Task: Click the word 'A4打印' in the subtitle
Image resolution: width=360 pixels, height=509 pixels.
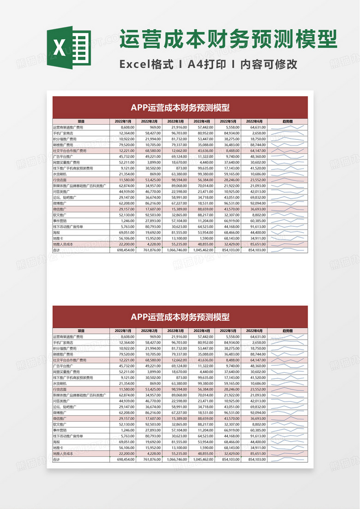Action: click(x=207, y=64)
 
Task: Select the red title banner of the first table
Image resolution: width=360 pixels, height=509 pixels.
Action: click(x=180, y=107)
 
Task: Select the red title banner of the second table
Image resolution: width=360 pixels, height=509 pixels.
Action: click(x=180, y=316)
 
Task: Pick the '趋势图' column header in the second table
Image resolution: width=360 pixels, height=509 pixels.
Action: click(x=288, y=331)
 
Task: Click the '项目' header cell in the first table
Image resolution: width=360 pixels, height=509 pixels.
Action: click(x=81, y=121)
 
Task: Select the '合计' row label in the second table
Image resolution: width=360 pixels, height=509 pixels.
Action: click(x=57, y=460)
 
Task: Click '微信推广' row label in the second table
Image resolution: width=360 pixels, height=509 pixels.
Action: click(x=60, y=418)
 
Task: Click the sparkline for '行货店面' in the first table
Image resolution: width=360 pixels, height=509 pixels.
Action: click(x=288, y=180)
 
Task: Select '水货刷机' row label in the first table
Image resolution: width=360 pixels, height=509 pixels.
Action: click(x=60, y=175)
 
